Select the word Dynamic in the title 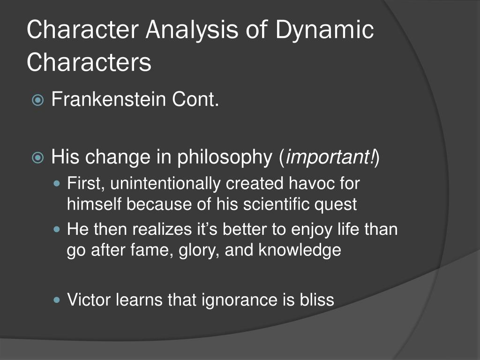(324, 30)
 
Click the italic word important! (330, 157)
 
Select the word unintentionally (166, 184)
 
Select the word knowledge (300, 250)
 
